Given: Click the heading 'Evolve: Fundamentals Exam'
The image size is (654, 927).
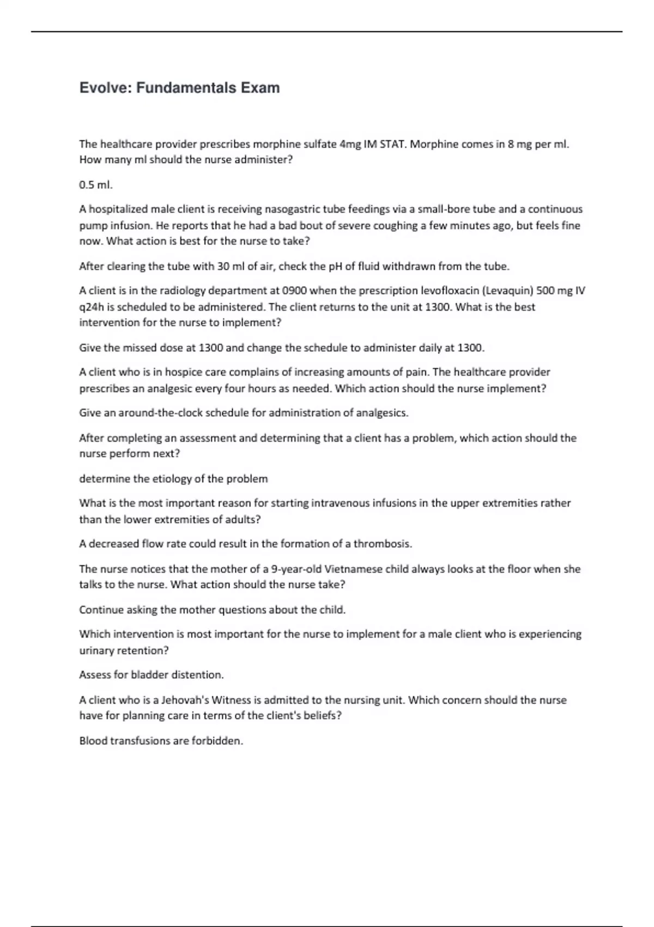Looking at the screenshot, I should tap(179, 88).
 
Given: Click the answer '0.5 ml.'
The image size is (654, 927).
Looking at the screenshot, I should tap(96, 185).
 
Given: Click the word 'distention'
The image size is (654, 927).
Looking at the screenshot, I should tap(197, 675).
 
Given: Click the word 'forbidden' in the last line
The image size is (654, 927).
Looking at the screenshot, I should tap(216, 741).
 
